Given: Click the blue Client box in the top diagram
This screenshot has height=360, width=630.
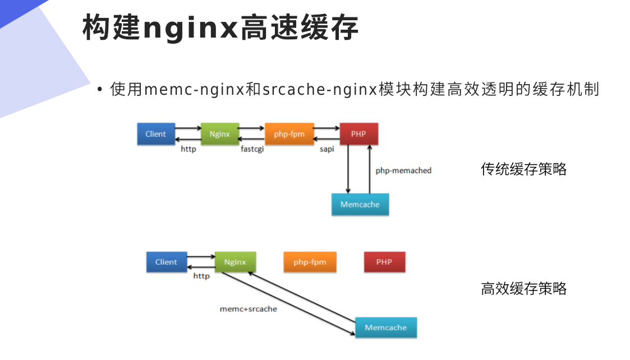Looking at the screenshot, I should tap(156, 134).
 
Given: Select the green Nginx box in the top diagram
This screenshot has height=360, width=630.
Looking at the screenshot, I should tap(219, 134).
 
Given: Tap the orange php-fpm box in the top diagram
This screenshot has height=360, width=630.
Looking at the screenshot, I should tap(289, 134).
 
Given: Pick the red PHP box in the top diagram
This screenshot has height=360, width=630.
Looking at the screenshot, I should tap(358, 134).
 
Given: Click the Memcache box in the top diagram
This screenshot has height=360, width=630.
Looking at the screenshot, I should tap(360, 205).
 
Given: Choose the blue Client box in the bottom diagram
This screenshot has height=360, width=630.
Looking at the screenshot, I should tap(166, 262).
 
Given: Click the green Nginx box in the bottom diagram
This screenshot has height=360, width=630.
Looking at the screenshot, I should tap(235, 262).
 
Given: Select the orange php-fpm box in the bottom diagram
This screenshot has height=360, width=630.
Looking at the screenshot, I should tap(310, 262).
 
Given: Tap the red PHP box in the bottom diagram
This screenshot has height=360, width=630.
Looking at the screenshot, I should tap(384, 262).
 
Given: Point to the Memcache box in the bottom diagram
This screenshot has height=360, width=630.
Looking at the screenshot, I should tap(385, 327).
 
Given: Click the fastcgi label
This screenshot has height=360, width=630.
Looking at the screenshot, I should tap(252, 150).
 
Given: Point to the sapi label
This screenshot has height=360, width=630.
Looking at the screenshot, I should tap(328, 150).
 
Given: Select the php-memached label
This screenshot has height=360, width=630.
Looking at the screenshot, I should tap(403, 170).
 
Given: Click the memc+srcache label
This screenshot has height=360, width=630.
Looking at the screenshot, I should tap(248, 309).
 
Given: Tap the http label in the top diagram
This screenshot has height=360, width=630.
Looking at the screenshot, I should tap(188, 150).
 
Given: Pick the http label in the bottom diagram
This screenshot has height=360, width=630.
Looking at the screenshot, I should tap(201, 276).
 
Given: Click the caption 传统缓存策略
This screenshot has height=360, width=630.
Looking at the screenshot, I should tap(523, 169).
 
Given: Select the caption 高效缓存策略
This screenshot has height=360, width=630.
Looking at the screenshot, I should tap(523, 289).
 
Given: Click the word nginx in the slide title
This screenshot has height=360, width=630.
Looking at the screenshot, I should tap(191, 28).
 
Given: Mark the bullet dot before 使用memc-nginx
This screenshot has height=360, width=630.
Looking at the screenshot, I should tap(100, 90).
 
